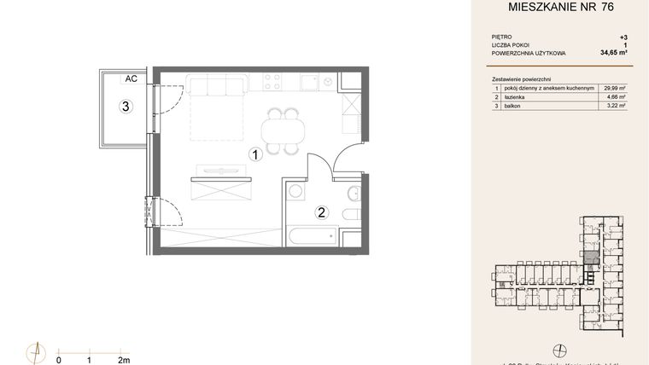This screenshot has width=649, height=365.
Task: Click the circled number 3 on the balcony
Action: coord(125,107)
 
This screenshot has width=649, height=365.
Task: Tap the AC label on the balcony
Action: coord(131,79)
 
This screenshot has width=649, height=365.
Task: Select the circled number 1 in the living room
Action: coord(254,154)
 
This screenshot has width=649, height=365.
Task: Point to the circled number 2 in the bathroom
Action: coord(322,212)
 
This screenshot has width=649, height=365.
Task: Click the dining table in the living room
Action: coord(279,130)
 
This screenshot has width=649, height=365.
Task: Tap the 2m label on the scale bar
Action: coord(124,360)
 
